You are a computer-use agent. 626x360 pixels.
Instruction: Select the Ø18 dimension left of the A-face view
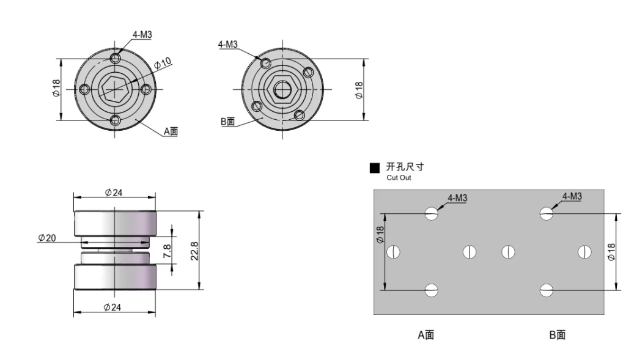click(56, 90)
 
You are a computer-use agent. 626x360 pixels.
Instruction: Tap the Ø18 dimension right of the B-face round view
click(359, 89)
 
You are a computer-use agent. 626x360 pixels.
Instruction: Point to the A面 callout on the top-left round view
click(171, 131)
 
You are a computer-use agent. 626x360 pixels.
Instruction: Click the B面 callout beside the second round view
click(227, 122)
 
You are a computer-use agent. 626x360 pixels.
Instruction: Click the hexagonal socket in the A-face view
click(114, 90)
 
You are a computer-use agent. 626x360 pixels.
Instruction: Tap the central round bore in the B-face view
click(282, 89)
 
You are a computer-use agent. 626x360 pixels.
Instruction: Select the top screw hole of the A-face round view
click(116, 59)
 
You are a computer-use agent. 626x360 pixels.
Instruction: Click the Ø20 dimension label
click(46, 237)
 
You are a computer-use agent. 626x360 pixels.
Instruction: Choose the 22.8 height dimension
click(194, 251)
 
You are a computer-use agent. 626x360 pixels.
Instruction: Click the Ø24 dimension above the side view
click(114, 193)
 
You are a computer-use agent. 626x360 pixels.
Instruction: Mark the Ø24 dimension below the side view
click(114, 307)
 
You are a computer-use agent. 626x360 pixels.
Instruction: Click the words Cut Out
click(399, 178)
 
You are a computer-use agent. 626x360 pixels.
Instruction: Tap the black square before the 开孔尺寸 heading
click(375, 168)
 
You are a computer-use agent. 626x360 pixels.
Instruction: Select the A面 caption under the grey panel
click(426, 334)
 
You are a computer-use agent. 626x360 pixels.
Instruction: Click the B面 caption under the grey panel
click(557, 334)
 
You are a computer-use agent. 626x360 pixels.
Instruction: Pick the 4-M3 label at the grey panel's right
click(572, 196)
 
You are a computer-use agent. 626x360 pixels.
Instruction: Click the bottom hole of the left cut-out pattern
click(432, 290)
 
